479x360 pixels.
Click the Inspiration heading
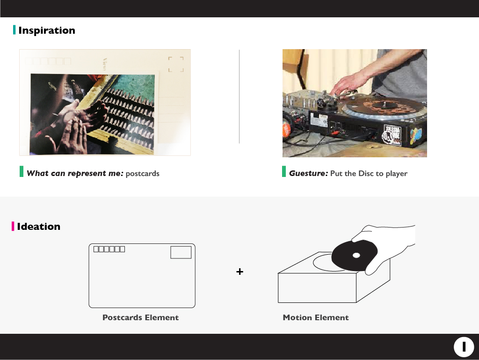click(47, 30)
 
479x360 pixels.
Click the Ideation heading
click(38, 227)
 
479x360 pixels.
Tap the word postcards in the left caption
click(142, 174)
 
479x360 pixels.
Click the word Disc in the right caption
click(366, 173)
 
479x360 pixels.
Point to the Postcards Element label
click(140, 317)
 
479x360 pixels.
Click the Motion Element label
click(316, 317)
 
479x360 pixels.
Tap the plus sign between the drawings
click(240, 272)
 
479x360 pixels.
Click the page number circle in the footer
click(464, 347)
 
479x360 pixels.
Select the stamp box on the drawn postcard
click(181, 252)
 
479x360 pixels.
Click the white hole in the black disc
click(356, 255)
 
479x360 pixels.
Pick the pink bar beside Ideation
click(13, 226)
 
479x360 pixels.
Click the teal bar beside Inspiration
click(15, 29)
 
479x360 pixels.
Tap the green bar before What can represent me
click(22, 171)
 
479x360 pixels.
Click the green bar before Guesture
click(284, 171)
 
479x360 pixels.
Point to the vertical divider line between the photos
click(239, 96)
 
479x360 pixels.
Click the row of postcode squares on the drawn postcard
click(109, 249)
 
